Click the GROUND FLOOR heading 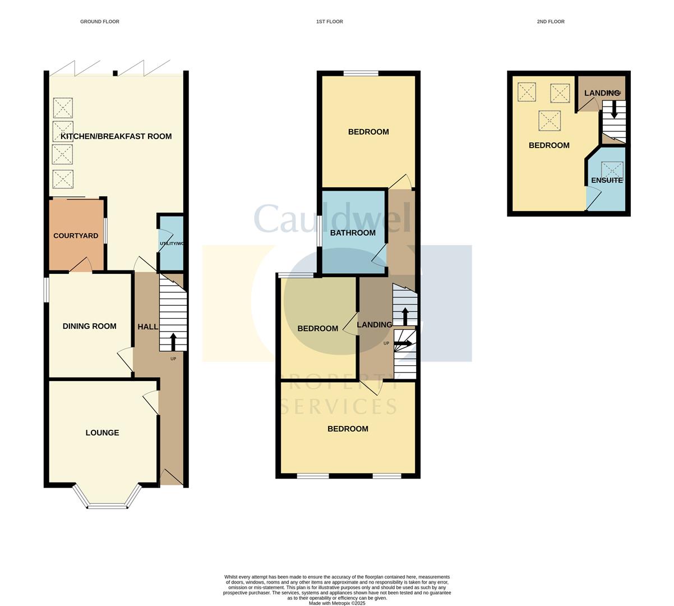[100, 22]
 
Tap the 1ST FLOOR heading [329, 22]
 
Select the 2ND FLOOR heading [550, 22]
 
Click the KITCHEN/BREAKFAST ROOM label [116, 136]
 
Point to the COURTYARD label [76, 236]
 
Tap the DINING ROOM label [89, 326]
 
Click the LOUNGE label [102, 433]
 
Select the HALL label [147, 327]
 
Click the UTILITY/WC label [172, 244]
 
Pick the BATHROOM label [353, 233]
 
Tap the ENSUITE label [607, 180]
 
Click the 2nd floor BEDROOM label [549, 145]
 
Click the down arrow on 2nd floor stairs [614, 109]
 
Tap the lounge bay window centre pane [108, 506]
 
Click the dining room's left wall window [47, 291]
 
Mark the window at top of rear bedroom [361, 73]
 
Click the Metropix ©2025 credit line [336, 603]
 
